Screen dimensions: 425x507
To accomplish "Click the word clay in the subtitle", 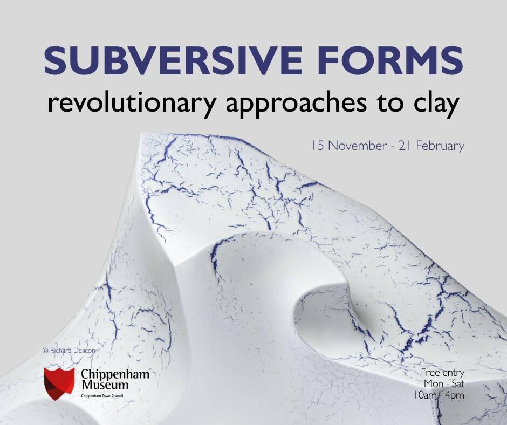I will click(437, 103).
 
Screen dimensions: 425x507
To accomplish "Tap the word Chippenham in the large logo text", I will click(115, 374).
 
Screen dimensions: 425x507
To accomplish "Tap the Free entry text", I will click(442, 373).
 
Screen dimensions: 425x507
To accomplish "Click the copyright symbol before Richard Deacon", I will click(45, 351).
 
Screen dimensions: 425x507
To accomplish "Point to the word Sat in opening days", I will click(456, 383).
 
